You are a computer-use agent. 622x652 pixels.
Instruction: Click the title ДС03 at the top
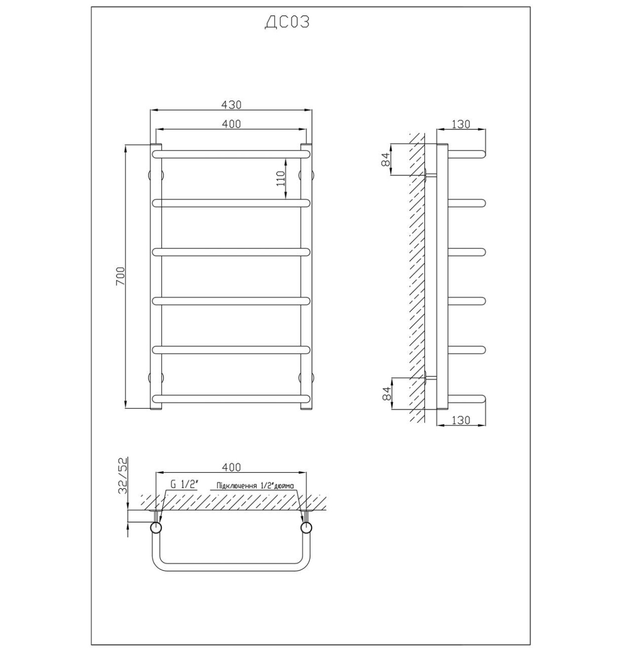point(287,22)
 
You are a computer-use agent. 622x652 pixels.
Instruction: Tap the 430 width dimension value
point(232,104)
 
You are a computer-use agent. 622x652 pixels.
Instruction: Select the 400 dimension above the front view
point(232,123)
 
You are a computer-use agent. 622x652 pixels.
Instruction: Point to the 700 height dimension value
point(120,276)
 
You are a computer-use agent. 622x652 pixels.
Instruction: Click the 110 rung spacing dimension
point(280,179)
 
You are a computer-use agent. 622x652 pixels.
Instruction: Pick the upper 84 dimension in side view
point(386,160)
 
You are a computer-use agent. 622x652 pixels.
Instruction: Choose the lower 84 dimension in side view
point(386,394)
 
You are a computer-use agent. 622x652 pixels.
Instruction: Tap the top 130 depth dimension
point(461,124)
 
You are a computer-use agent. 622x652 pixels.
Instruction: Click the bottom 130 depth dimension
point(461,420)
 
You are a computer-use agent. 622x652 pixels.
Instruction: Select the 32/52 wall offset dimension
point(123,476)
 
